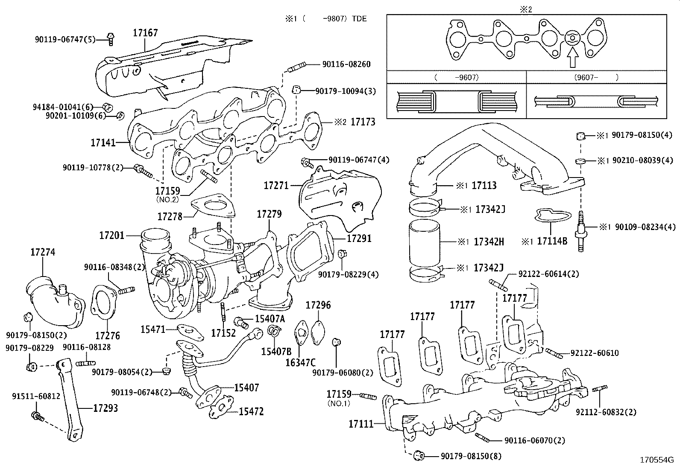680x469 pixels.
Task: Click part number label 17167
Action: click(x=145, y=33)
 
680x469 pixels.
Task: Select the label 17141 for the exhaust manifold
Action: click(x=103, y=143)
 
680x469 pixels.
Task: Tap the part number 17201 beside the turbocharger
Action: click(x=111, y=235)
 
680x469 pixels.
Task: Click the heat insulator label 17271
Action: click(x=276, y=186)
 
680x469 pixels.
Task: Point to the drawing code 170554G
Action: click(x=656, y=460)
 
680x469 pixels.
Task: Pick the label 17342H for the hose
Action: click(x=489, y=242)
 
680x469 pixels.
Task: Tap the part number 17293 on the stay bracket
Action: click(x=106, y=408)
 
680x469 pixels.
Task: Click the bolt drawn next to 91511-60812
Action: click(x=37, y=416)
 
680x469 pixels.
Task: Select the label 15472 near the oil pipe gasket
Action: click(x=251, y=412)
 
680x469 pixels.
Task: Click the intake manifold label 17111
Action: click(x=361, y=424)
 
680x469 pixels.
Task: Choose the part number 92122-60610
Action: click(x=594, y=353)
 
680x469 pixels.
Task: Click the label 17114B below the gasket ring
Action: click(x=552, y=241)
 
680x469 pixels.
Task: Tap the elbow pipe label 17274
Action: click(x=43, y=252)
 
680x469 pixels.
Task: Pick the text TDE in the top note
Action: click(x=359, y=19)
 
